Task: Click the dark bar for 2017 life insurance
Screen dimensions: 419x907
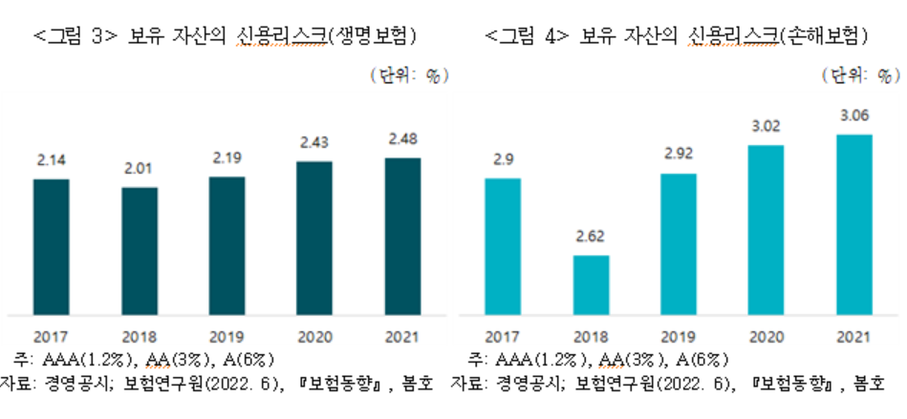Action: pos(51,245)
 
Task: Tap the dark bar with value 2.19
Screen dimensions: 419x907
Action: pos(227,244)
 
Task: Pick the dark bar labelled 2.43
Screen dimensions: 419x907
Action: pos(314,237)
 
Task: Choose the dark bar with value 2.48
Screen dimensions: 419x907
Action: pos(402,235)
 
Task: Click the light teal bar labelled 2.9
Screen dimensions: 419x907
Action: pos(503,245)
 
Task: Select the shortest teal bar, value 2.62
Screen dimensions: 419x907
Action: pos(591,283)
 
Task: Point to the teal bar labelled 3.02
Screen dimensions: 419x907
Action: pos(766,228)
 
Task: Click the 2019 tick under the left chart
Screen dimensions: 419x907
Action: pos(227,336)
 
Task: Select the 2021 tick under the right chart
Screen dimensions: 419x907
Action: pos(853,336)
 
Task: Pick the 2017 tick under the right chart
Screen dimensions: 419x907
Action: pos(503,336)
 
